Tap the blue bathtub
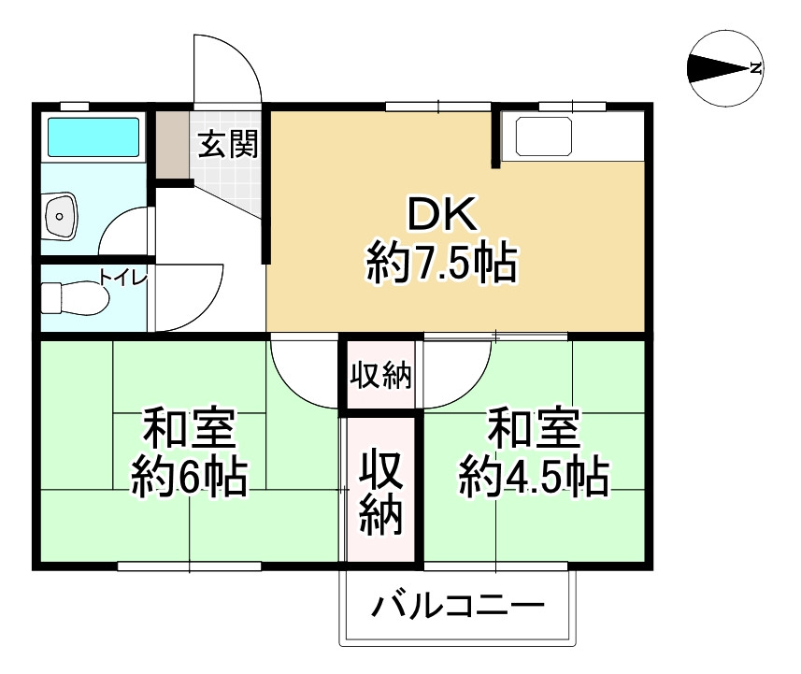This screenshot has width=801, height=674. (93, 137)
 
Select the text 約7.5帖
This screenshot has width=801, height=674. (441, 264)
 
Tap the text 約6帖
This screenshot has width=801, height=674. (189, 479)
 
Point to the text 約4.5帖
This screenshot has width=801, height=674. (534, 479)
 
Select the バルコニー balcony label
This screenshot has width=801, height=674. (457, 609)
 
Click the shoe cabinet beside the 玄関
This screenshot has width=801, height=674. (171, 145)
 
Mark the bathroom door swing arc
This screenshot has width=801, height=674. (125, 231)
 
